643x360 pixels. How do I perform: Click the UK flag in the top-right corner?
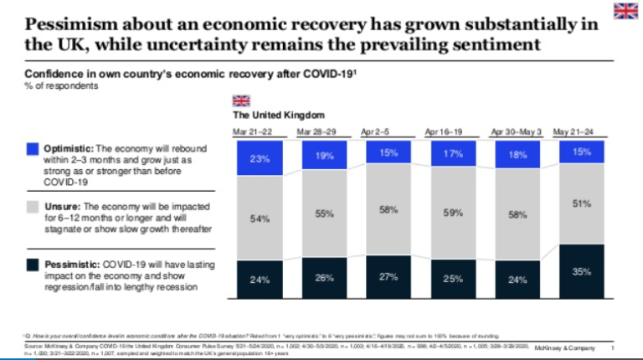(x=625, y=10)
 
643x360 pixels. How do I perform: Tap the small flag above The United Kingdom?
(x=240, y=100)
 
